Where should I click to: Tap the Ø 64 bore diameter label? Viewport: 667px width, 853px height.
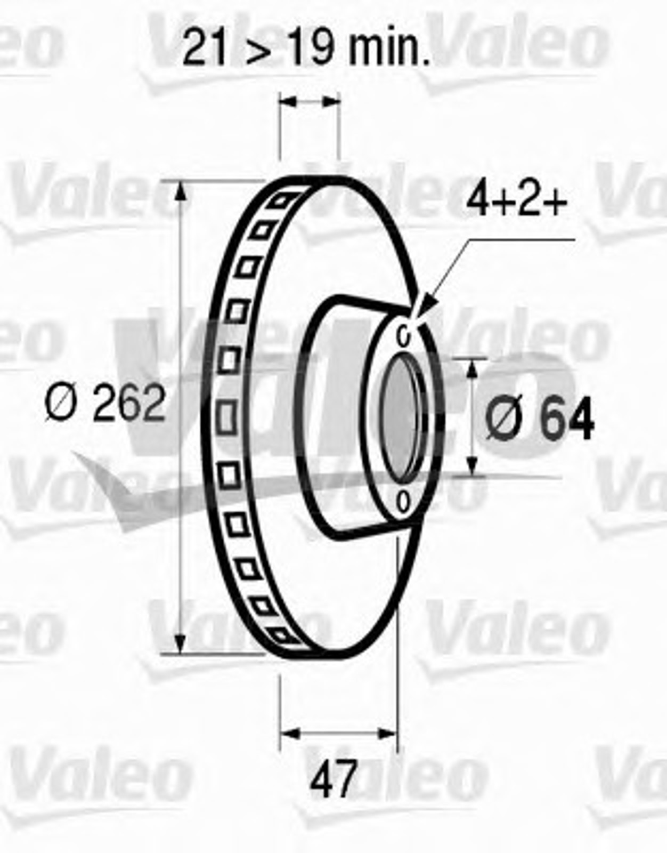point(540,419)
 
